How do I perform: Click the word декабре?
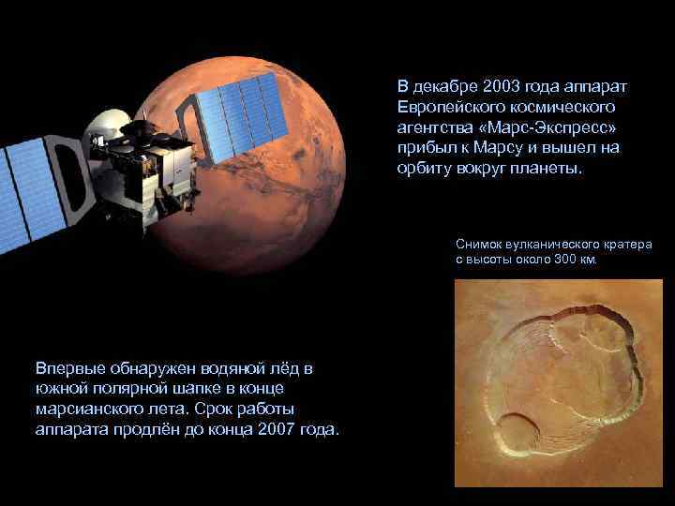(447, 86)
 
